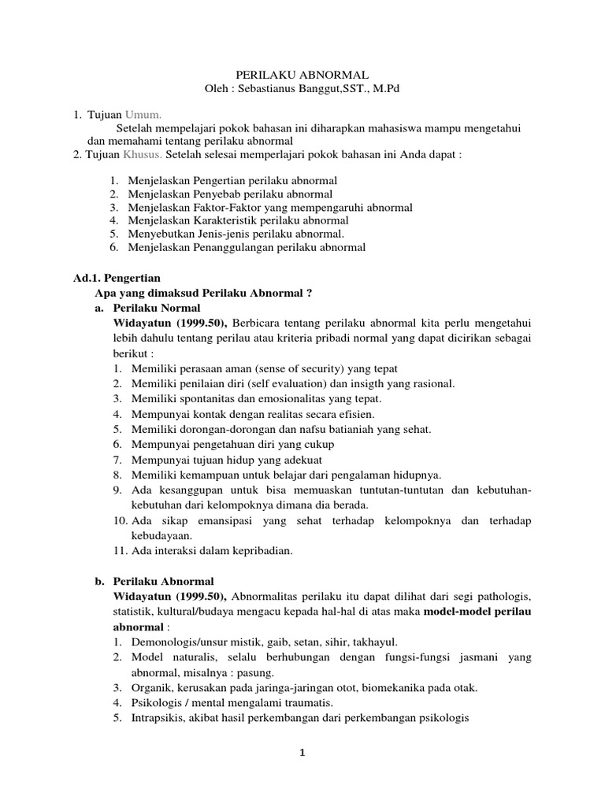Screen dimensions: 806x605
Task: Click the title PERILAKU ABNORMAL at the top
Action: pos(302,72)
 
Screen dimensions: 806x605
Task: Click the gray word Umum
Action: pos(143,115)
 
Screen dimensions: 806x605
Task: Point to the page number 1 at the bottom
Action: pos(302,752)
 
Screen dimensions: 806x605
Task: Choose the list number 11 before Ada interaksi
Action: pos(117,551)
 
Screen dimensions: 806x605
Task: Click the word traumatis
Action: pos(310,702)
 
